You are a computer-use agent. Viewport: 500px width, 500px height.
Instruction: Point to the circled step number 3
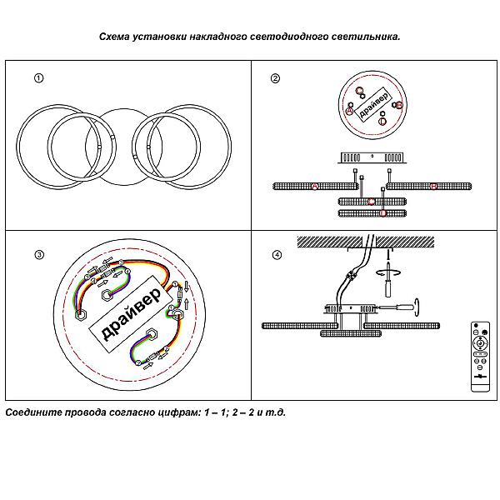pos(37,254)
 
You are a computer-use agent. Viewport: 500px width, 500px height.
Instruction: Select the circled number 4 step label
pos(275,254)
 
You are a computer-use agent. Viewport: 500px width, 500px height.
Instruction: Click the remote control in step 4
pos(478,353)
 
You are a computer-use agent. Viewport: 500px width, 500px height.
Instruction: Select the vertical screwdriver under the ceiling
pos(389,289)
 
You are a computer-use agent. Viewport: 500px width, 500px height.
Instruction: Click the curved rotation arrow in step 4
pos(389,271)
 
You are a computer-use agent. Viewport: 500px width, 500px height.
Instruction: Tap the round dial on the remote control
pos(478,342)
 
